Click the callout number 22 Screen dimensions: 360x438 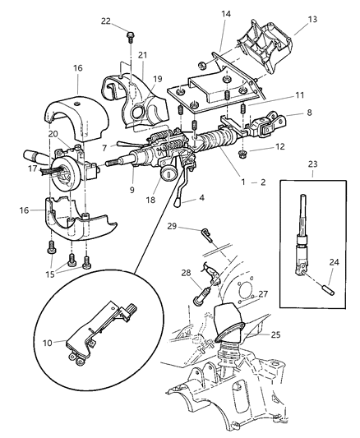click(105, 21)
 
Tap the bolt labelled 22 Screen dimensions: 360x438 click(130, 37)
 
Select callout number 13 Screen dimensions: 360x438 click(312, 19)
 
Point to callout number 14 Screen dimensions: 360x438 click(226, 14)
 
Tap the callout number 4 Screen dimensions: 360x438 click(201, 198)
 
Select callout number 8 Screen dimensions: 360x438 click(309, 113)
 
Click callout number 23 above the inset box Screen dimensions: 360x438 click(313, 164)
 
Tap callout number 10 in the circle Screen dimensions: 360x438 click(48, 343)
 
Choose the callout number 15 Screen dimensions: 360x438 click(50, 274)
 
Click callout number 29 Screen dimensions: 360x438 click(172, 226)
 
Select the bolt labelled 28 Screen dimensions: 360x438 click(201, 297)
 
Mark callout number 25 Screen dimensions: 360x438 click(275, 334)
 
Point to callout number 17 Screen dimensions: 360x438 click(32, 169)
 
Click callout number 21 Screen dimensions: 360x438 click(142, 55)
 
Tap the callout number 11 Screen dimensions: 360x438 click(300, 95)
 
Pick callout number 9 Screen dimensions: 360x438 click(132, 190)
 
